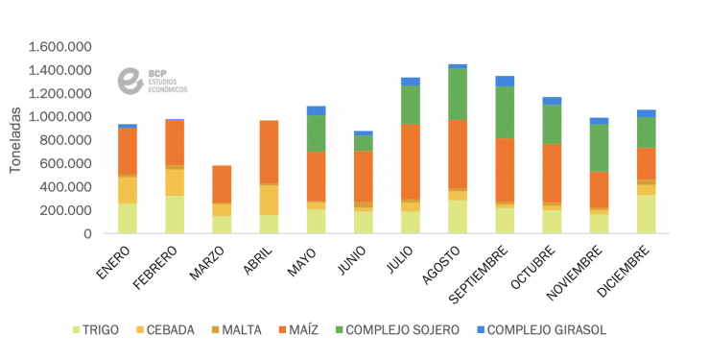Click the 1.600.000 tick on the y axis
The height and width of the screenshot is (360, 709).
[x=59, y=47]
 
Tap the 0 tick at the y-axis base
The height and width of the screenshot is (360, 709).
[x=87, y=233]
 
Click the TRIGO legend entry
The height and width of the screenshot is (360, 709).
[x=95, y=330]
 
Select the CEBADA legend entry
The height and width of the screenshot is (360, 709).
[x=175, y=330]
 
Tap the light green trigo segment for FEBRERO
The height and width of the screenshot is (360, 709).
[x=175, y=214]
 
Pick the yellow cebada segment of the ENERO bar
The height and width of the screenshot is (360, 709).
[x=128, y=190]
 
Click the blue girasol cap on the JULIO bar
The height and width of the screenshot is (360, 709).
[x=411, y=82]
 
